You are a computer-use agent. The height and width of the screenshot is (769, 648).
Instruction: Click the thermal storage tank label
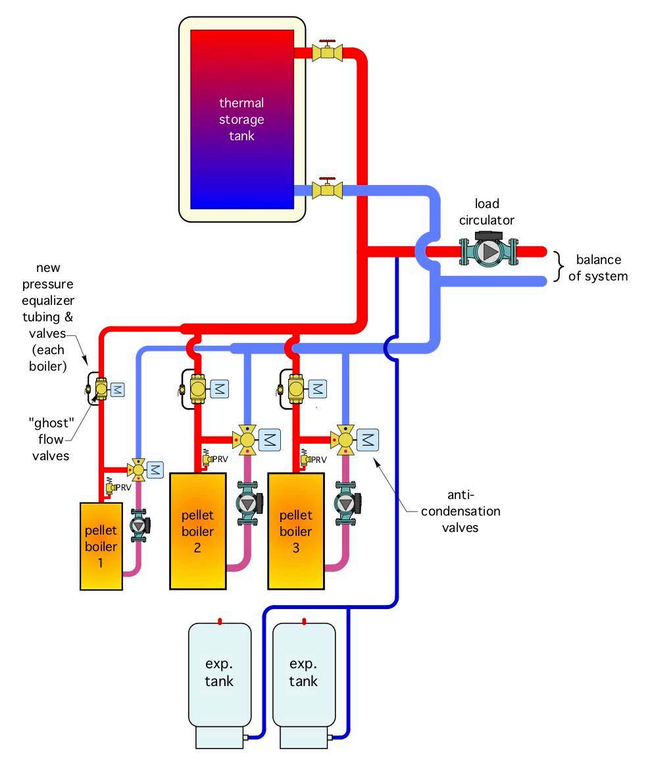point(241,120)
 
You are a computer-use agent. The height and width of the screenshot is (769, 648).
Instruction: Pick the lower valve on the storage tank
point(327,190)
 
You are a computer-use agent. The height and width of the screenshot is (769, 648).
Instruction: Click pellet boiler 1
point(101,546)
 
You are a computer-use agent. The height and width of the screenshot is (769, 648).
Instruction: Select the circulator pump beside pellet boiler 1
point(139,525)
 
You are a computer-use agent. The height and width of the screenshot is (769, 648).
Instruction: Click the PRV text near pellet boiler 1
point(123,487)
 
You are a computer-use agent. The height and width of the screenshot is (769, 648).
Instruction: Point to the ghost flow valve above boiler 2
point(197,389)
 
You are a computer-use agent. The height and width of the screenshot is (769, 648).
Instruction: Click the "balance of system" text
point(597,267)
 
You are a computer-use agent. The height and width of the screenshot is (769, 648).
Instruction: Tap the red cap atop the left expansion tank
point(220,620)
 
